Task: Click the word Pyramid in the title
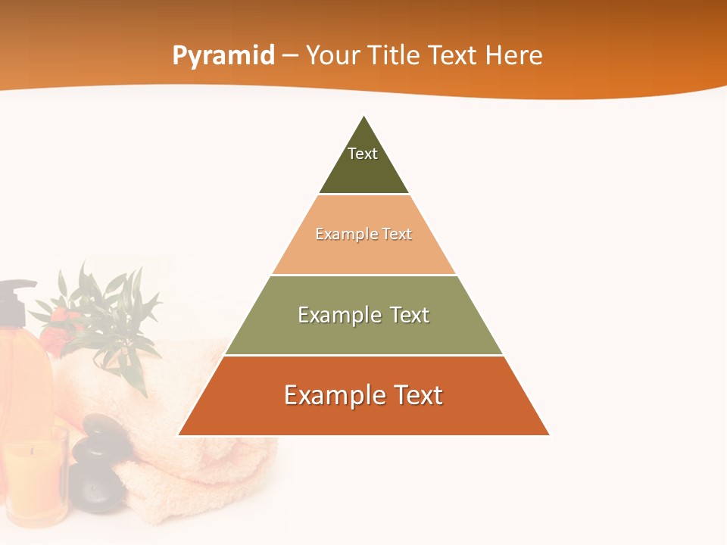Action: coord(223,56)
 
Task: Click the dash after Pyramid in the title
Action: coord(290,56)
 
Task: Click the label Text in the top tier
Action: coord(363,154)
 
